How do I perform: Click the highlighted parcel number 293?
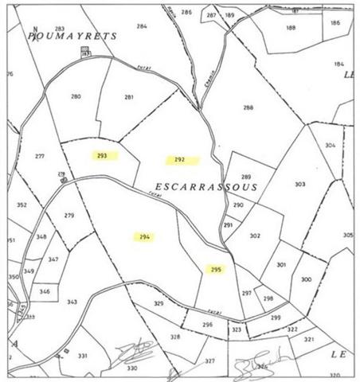coord(102,156)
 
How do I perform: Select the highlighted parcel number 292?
coord(179,160)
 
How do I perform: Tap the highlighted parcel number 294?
coord(143,237)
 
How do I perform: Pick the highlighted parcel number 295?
coord(215,269)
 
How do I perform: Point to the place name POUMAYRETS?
coord(72,37)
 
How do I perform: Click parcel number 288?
coord(248,107)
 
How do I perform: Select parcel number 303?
coord(299,184)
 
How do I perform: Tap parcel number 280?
coord(76,97)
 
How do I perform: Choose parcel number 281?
coord(128,98)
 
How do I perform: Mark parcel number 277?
coord(40,156)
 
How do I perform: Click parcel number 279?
coord(68,216)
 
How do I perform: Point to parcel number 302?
coord(255,236)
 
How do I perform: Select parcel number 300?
coord(306,280)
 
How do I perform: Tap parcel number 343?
coord(72,302)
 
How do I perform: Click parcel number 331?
coord(81,356)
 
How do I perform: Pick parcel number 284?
coord(142,27)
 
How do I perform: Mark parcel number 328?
coord(175,337)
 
